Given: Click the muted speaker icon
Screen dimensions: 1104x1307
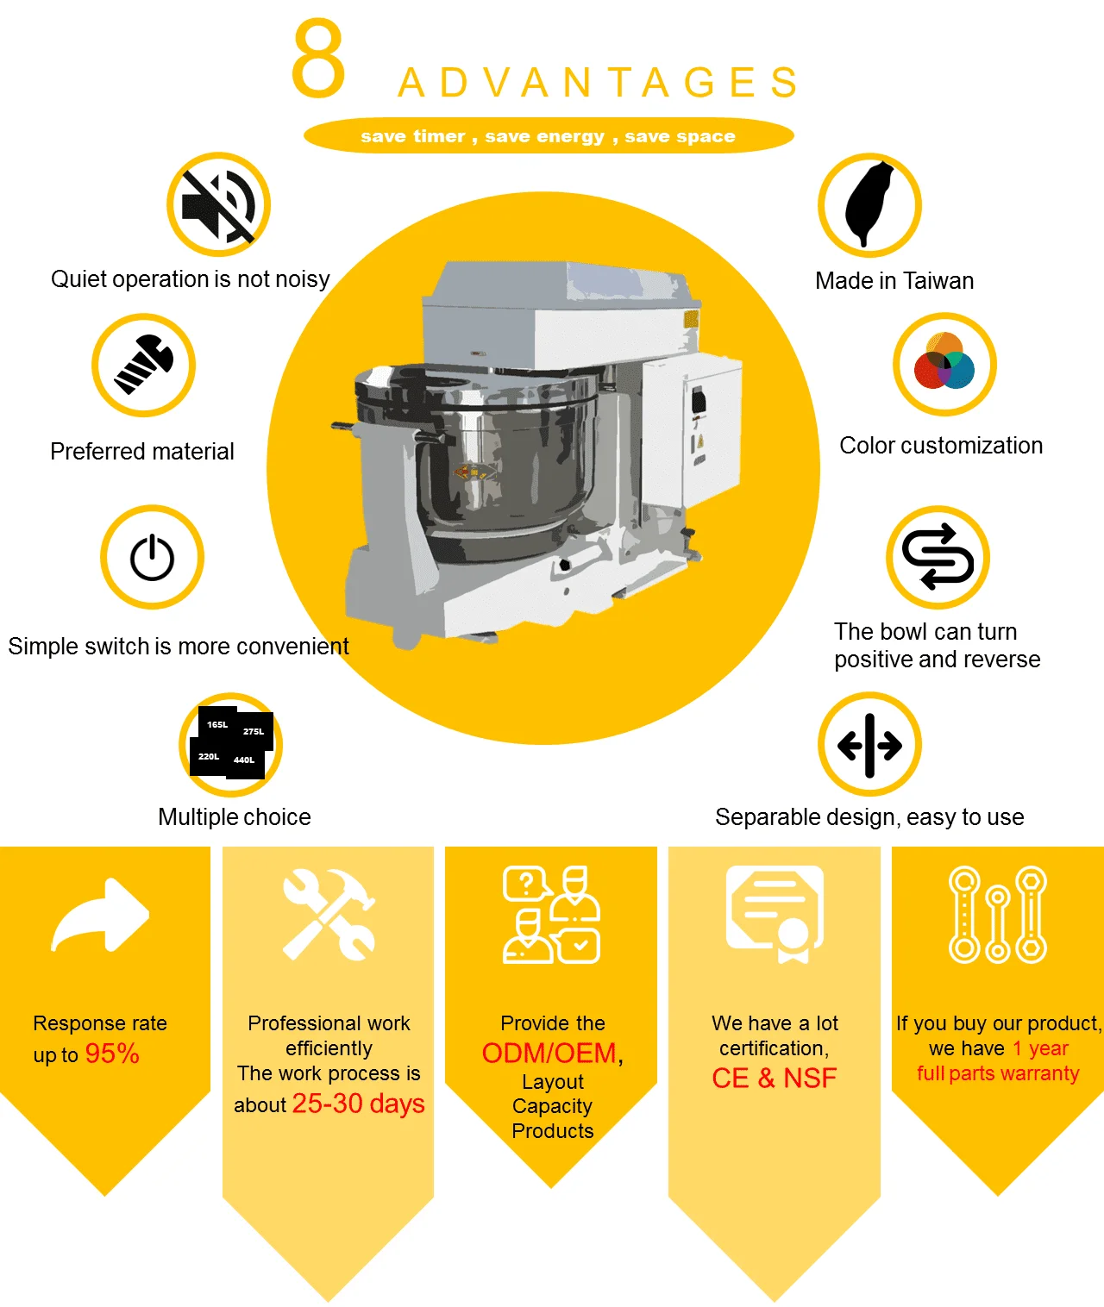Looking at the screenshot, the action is [x=218, y=205].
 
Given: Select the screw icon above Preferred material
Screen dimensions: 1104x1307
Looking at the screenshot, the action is [x=144, y=365].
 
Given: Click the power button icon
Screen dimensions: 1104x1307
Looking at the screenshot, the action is [x=152, y=558].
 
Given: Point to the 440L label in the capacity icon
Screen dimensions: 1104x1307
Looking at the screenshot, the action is [x=244, y=760].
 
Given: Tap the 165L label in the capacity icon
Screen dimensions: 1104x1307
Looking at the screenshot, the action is [x=217, y=724].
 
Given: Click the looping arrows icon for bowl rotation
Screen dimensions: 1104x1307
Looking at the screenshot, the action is [x=938, y=556].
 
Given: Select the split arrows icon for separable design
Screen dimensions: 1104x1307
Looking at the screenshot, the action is [x=869, y=746].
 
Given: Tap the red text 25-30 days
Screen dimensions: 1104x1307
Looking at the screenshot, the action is [x=358, y=1104].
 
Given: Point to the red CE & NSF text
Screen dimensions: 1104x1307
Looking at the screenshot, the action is [x=774, y=1078].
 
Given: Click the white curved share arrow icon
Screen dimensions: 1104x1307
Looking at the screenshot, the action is [x=100, y=915].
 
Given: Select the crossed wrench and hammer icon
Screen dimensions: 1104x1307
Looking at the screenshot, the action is [x=329, y=915].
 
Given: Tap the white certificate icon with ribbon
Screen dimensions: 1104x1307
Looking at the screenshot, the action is [x=775, y=915].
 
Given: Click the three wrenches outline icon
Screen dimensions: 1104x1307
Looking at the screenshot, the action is [x=998, y=915].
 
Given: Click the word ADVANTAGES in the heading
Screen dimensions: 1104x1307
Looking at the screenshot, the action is [x=599, y=83].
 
